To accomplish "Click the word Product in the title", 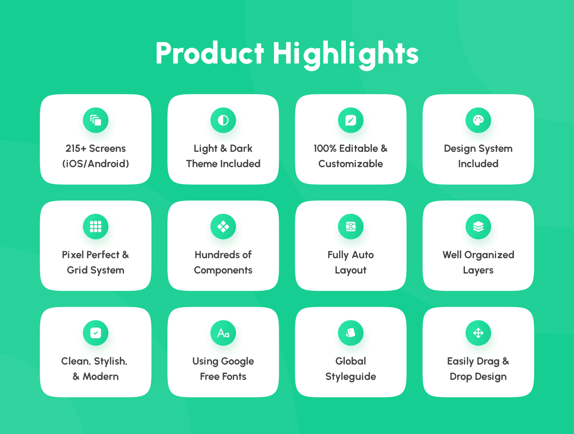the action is pos(210,53).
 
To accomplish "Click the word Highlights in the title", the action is pos(345,55).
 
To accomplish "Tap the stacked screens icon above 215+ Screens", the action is pos(95,120).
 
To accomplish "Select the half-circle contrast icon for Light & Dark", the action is pos(223,120).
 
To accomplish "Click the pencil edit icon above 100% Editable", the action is pos(350,120).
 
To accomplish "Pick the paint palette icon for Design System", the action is pos(478,120).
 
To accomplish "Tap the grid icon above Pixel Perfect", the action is pos(95,227).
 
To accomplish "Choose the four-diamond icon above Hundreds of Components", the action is pos(223,227).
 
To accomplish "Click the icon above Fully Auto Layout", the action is pos(350,227).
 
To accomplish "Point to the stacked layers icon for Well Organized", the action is pos(478,227).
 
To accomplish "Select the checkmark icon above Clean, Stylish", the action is pos(95,333).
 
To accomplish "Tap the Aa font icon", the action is pos(223,333).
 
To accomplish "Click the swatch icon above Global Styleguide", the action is pos(350,333).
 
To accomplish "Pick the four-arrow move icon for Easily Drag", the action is pos(478,333).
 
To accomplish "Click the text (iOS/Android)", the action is pos(95,164).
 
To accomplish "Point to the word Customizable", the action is pos(350,164).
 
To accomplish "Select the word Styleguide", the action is pos(350,377).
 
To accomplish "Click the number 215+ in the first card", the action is pos(76,148).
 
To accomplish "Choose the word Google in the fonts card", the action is pos(238,361).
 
